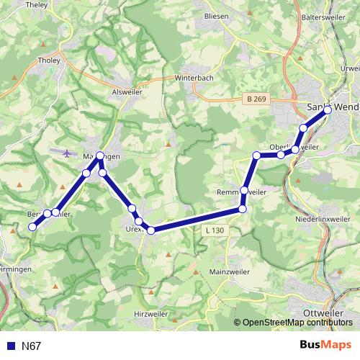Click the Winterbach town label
click(x=195, y=78)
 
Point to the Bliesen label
click(x=216, y=15)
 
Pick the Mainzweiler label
click(x=230, y=273)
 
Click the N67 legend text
click(x=31, y=346)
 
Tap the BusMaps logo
click(x=325, y=346)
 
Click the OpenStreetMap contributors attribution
click(x=297, y=323)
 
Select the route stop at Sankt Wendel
click(x=328, y=110)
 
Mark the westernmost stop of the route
click(x=32, y=228)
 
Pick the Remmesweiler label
click(x=242, y=193)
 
